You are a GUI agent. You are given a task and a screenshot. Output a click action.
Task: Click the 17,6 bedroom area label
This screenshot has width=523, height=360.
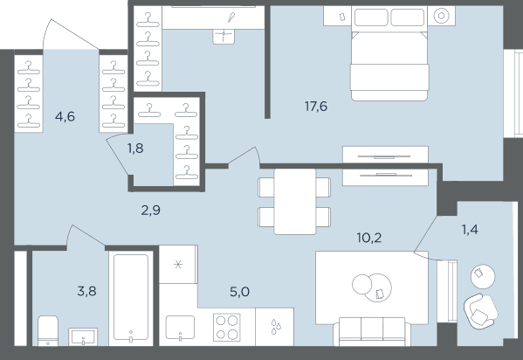(x=316, y=107)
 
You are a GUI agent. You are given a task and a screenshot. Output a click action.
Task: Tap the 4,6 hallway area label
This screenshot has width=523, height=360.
(x=65, y=116)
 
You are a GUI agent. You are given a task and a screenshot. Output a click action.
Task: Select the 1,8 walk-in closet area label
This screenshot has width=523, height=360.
(x=135, y=148)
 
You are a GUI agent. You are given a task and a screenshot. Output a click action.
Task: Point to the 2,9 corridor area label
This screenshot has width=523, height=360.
(x=151, y=211)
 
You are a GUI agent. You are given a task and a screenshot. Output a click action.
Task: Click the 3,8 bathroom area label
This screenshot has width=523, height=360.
(x=86, y=291)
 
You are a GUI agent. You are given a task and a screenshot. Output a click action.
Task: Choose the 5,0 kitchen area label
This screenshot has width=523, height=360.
(x=240, y=292)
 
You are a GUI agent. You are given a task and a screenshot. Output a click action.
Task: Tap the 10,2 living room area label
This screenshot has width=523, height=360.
(x=369, y=238)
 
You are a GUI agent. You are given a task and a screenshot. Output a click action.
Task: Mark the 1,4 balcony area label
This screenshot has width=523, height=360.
(x=470, y=230)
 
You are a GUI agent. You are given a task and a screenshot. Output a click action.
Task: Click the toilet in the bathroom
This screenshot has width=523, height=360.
(x=48, y=330)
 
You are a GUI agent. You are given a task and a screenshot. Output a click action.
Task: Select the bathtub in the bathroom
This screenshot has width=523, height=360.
(x=131, y=298)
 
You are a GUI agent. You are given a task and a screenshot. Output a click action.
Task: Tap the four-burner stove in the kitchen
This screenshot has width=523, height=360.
(x=227, y=327)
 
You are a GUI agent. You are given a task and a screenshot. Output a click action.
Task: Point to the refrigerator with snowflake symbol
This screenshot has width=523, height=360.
(x=178, y=265)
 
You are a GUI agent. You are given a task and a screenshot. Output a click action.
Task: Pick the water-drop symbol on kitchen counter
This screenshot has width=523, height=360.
(x=276, y=327)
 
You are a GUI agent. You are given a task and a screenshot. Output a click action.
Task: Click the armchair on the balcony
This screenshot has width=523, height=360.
(x=480, y=311)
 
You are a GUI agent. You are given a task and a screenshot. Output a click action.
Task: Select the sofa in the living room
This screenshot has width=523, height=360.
(x=372, y=332)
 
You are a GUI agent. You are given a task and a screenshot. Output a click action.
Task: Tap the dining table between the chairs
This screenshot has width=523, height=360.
(x=295, y=202)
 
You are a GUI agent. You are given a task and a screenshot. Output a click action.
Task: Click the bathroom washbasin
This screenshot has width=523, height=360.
(x=83, y=336)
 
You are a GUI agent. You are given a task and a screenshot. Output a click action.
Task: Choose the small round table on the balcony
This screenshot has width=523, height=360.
(x=483, y=276)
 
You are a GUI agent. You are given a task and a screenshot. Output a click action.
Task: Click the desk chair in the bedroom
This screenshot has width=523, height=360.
(x=224, y=37)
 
